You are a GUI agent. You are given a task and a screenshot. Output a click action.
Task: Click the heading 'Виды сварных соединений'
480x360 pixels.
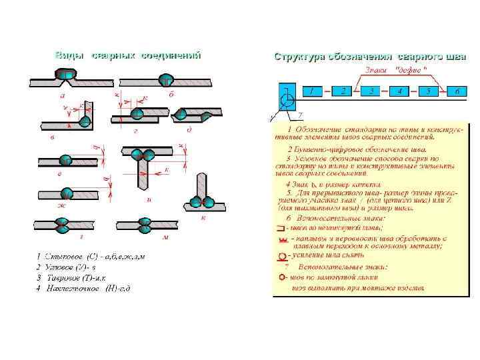pyautogui.click(x=127, y=55)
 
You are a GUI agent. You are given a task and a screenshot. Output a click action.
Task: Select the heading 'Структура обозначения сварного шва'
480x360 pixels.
pyautogui.click(x=361, y=57)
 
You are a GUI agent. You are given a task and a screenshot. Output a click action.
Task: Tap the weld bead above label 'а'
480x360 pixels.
pyautogui.click(x=65, y=76)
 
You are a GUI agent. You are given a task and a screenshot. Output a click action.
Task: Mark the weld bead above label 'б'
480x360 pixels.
pyautogui.click(x=165, y=81)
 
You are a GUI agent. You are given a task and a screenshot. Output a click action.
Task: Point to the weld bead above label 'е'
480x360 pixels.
pyautogui.click(x=65, y=159)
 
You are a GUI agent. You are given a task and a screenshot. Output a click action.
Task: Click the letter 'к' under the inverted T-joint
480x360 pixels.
pyautogui.click(x=203, y=218)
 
